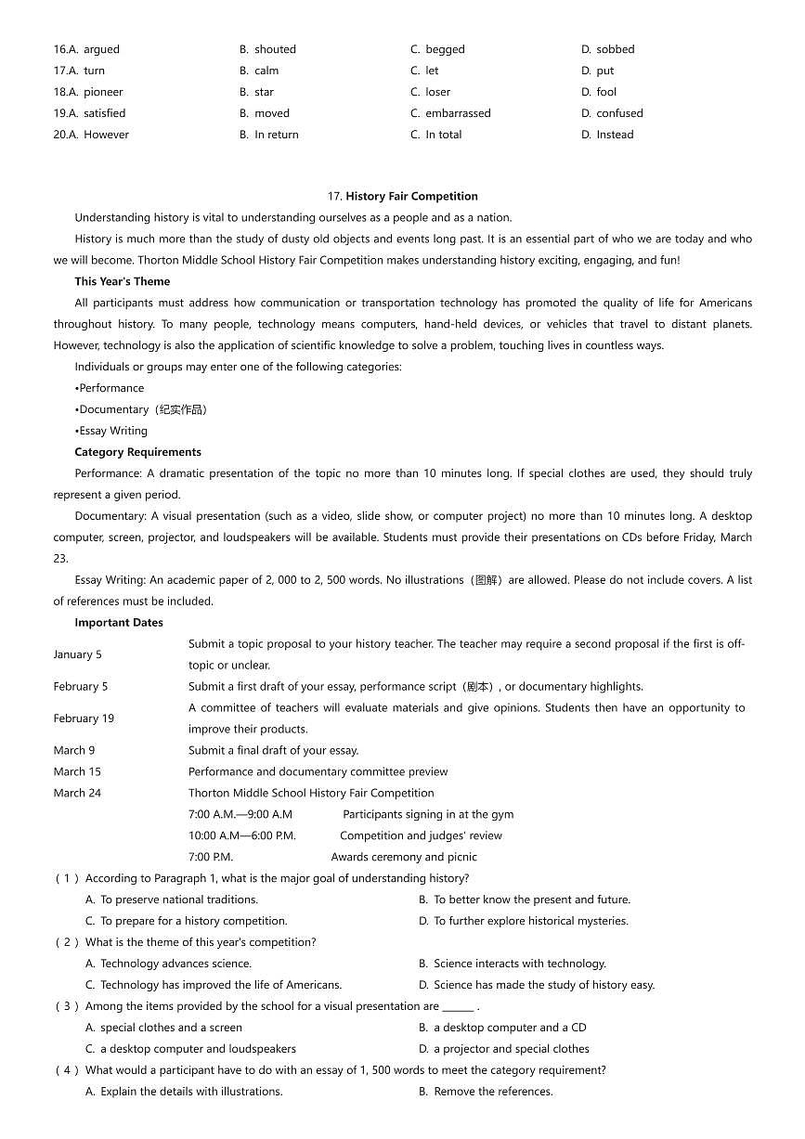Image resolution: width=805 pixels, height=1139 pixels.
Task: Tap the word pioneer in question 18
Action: tap(102, 92)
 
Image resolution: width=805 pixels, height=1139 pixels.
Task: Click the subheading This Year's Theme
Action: tap(123, 281)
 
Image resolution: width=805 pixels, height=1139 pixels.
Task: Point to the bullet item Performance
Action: tap(110, 388)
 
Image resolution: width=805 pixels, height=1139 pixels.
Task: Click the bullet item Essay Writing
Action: tap(112, 431)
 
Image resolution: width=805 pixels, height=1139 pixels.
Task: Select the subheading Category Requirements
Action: tap(137, 452)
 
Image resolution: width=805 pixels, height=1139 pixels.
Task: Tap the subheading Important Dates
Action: tap(119, 623)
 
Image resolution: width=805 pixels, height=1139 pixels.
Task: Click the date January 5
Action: tap(78, 654)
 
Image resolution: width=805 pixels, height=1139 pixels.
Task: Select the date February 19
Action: tap(84, 718)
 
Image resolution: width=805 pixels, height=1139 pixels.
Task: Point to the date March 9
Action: tap(74, 750)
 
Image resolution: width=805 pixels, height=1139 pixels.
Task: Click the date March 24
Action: tap(77, 793)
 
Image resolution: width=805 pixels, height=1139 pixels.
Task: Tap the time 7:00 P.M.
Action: tap(211, 857)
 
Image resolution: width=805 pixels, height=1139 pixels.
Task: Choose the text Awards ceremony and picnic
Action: tap(404, 857)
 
